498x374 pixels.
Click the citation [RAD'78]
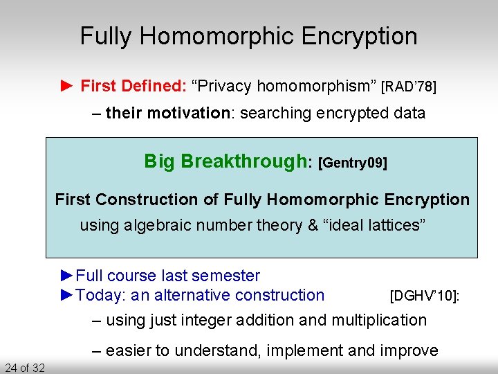click(x=409, y=87)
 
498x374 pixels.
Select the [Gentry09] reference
click(x=352, y=163)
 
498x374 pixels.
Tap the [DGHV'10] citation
click(x=425, y=296)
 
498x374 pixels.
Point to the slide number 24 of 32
click(x=24, y=367)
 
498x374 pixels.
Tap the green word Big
click(x=158, y=161)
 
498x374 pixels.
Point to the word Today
click(x=96, y=295)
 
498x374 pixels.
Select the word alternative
click(x=192, y=295)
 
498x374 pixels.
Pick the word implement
click(x=305, y=350)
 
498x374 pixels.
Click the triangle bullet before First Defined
click(x=66, y=86)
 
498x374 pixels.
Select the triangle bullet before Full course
click(x=66, y=276)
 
